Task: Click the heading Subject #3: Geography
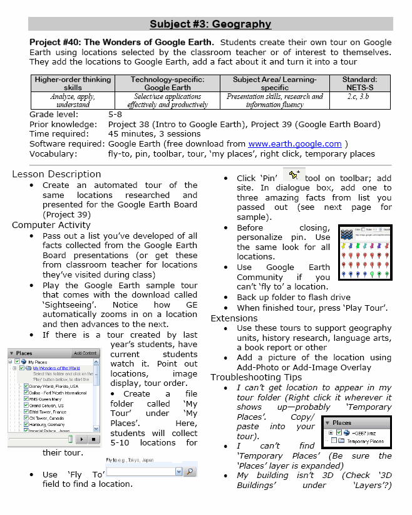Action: (x=210, y=24)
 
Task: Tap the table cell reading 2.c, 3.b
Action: (x=359, y=96)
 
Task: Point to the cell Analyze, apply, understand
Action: (x=73, y=100)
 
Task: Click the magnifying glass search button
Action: (x=190, y=471)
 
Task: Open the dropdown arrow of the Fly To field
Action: (x=178, y=471)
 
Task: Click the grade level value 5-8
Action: (x=115, y=115)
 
